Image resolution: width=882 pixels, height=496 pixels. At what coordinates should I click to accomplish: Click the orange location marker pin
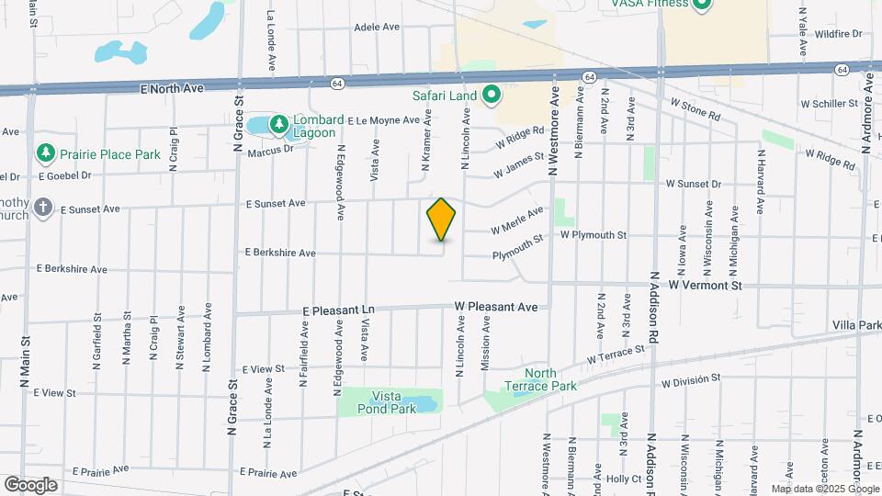(x=442, y=219)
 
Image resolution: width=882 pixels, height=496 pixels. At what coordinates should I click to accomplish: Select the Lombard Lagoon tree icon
(x=277, y=122)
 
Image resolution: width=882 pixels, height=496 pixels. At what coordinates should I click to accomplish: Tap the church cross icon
(x=42, y=207)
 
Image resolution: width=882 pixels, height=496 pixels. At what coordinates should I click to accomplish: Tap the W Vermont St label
(x=706, y=286)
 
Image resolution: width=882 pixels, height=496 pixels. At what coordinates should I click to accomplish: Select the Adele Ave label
(x=377, y=27)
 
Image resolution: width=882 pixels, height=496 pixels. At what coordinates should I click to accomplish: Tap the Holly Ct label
(x=623, y=479)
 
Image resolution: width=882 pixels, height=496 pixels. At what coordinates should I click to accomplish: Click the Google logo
(x=30, y=484)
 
